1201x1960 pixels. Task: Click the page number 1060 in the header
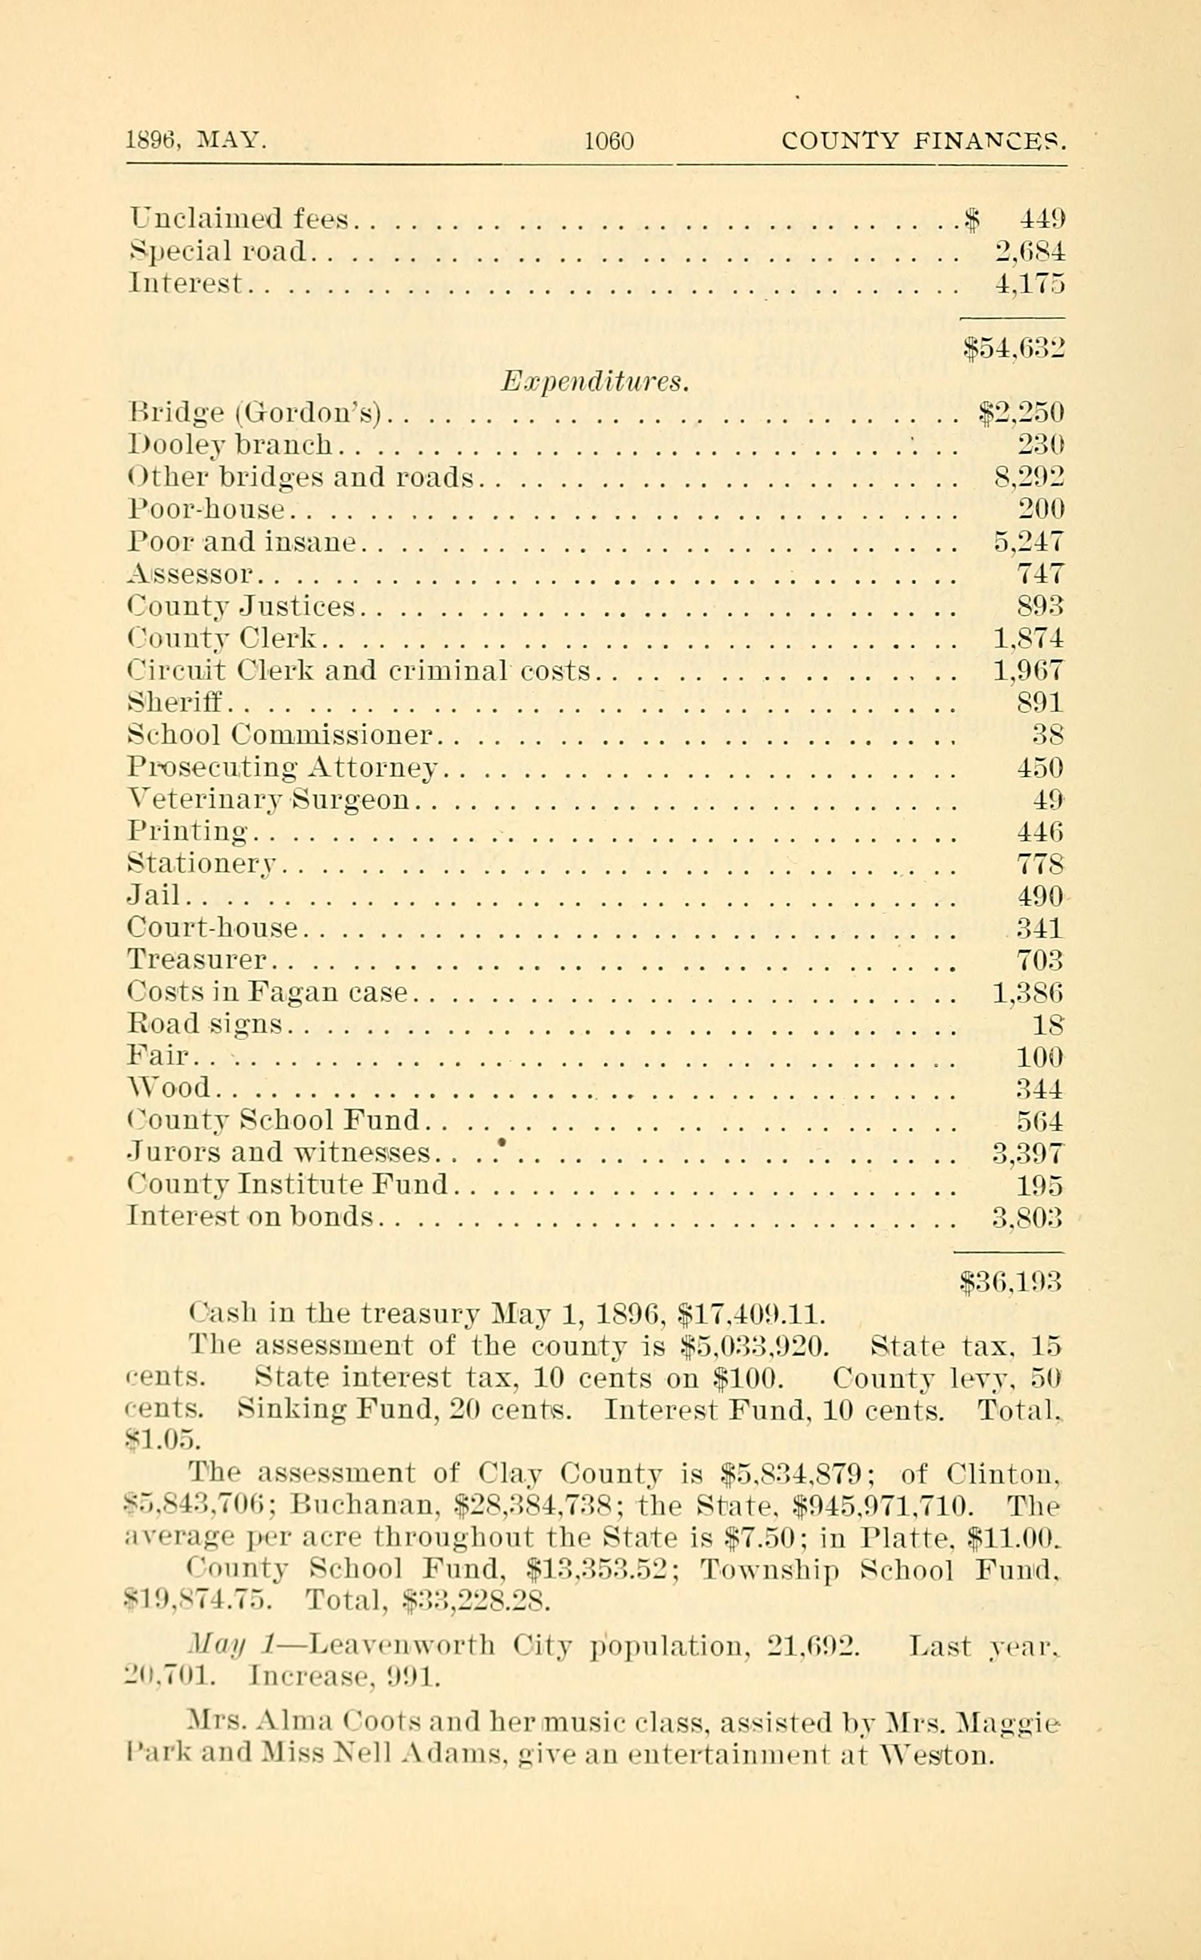pos(609,141)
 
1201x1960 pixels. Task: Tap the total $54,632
pos(1013,347)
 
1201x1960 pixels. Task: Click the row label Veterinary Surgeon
pos(268,799)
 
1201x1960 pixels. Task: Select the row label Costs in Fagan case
pos(267,992)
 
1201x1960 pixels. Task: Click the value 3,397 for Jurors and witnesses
pos(1028,1153)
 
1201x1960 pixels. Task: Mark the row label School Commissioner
pos(279,734)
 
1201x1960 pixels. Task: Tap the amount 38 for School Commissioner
pos(1048,734)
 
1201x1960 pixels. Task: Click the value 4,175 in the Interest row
pos(1030,284)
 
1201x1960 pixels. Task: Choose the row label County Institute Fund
pos(287,1185)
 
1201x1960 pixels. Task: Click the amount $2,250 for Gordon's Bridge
pos(1020,413)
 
